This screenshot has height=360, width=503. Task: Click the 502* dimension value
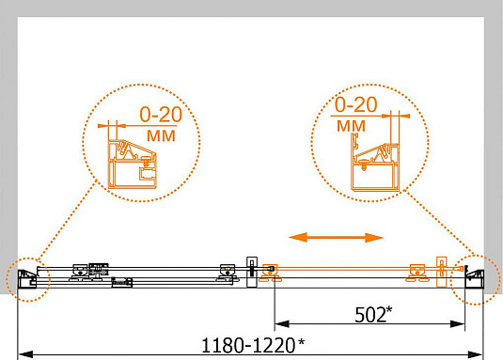(x=373, y=315)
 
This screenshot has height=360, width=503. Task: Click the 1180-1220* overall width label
(x=253, y=345)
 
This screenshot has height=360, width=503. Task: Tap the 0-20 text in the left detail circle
(x=161, y=114)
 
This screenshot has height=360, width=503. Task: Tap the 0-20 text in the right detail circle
(x=355, y=104)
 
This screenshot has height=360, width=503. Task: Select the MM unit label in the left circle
(x=161, y=135)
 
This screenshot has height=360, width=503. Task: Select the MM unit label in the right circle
(x=351, y=126)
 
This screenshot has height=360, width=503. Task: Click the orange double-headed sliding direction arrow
(x=336, y=238)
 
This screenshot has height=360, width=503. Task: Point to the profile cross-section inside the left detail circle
(x=133, y=164)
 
